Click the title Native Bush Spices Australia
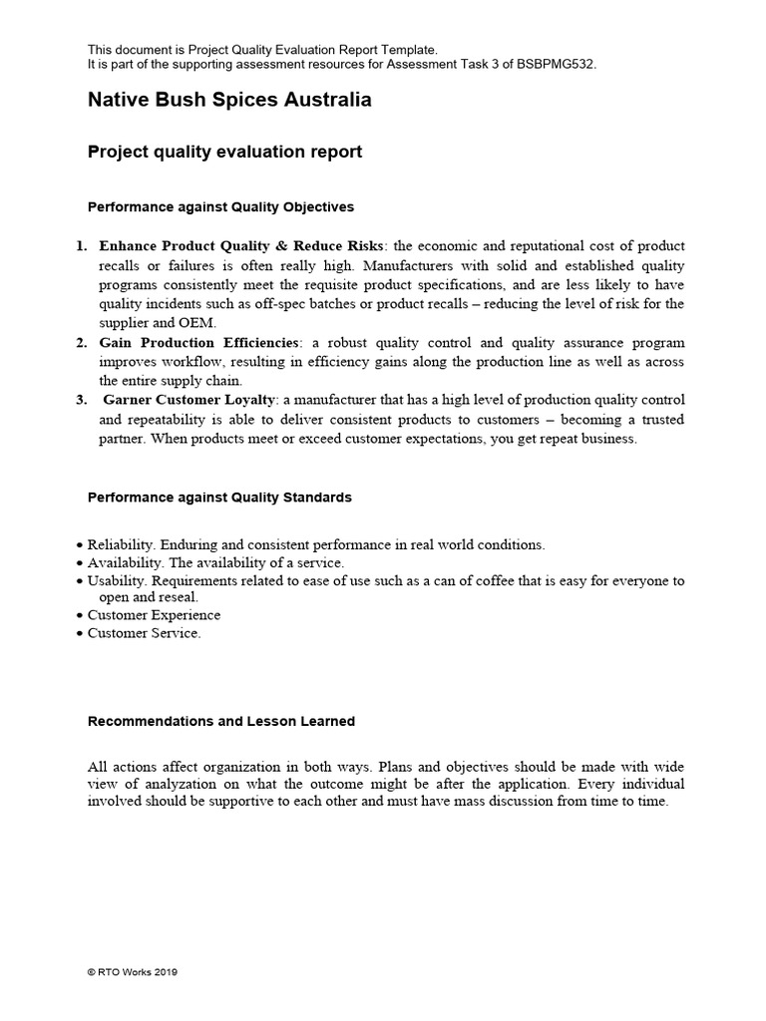tap(229, 101)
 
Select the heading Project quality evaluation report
tap(224, 153)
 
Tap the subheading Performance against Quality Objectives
tap(220, 207)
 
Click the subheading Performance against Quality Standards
tap(219, 498)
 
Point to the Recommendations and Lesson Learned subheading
tap(220, 721)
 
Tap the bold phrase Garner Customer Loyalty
tap(190, 400)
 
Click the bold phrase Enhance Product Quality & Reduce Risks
tap(240, 246)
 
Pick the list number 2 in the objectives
tap(82, 343)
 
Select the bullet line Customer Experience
tap(154, 615)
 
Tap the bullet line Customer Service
tap(144, 633)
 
